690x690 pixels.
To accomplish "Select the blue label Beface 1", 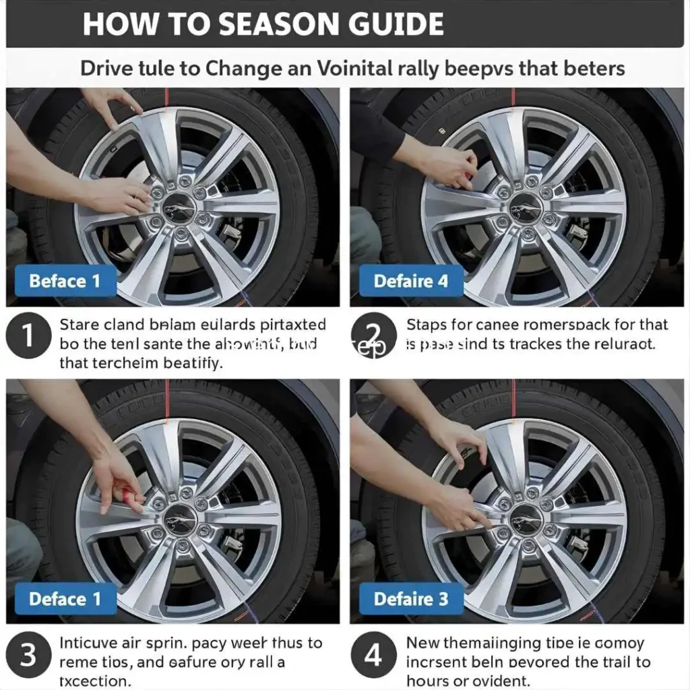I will [x=64, y=280].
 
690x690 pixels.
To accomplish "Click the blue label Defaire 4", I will [x=410, y=280].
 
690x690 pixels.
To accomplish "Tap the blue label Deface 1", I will [x=64, y=598].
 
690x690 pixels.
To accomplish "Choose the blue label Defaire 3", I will [x=410, y=598].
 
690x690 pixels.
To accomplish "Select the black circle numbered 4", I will [x=373, y=654].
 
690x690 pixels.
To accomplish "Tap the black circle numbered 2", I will [x=373, y=335].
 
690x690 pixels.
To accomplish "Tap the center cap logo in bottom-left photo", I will [x=179, y=518].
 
